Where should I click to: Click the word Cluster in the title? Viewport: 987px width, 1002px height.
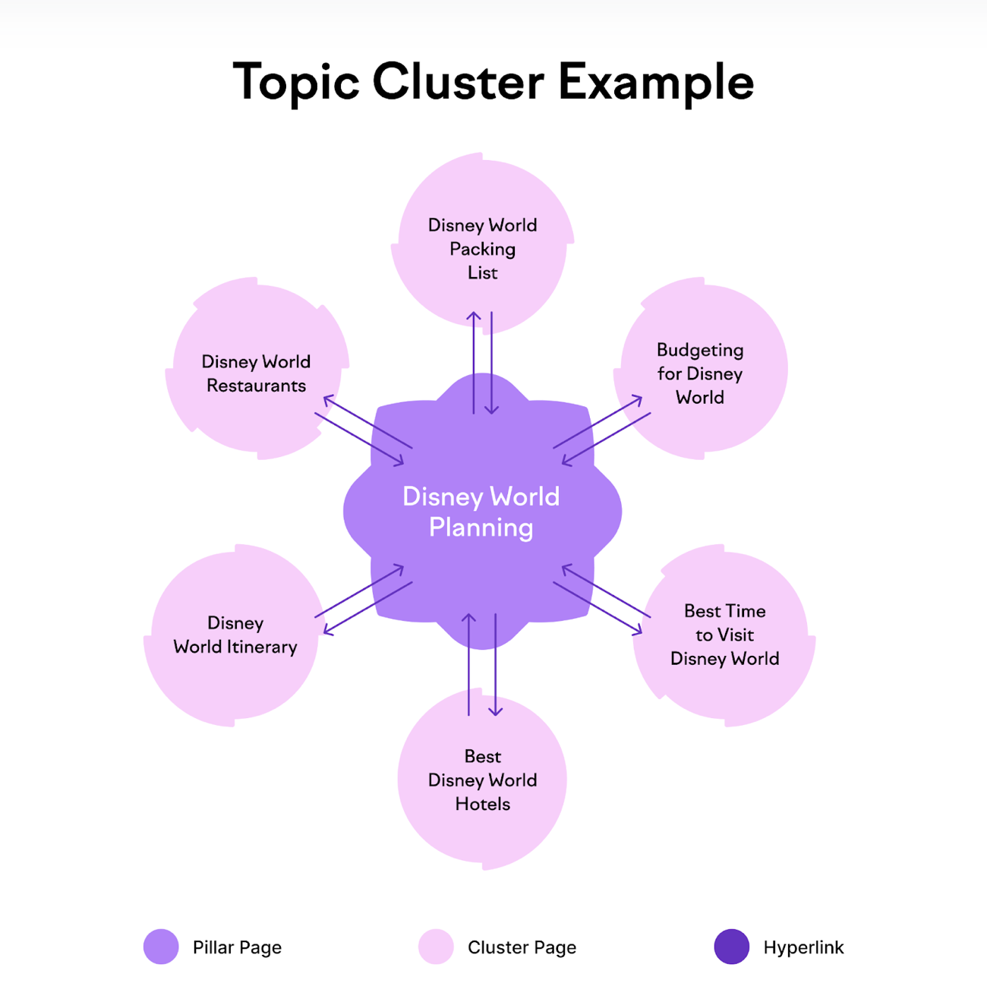click(x=459, y=82)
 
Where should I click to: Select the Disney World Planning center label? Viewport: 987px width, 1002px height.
click(x=481, y=512)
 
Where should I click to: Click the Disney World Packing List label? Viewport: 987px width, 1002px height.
click(x=482, y=249)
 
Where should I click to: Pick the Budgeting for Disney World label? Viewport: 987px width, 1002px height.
click(x=700, y=373)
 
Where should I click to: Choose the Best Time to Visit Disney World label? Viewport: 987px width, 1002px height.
click(x=725, y=635)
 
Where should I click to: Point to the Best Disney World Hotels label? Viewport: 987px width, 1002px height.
click(x=482, y=780)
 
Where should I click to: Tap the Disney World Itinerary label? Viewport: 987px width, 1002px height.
click(x=235, y=635)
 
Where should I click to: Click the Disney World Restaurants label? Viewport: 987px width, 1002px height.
click(x=256, y=373)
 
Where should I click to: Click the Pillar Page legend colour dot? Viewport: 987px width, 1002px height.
click(x=161, y=947)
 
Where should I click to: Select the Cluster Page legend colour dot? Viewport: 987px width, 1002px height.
click(x=436, y=947)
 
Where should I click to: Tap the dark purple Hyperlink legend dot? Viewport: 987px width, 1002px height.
click(x=732, y=947)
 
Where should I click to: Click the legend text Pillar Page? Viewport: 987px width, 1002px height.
click(x=237, y=947)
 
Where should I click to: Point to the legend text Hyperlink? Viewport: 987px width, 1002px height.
click(x=803, y=947)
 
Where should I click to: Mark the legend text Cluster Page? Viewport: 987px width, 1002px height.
click(x=522, y=947)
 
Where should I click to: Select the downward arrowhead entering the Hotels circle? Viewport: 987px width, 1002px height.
click(x=495, y=711)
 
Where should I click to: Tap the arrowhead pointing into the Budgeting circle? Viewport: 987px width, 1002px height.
click(x=637, y=400)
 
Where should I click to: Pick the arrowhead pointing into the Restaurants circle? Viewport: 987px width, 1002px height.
click(x=328, y=400)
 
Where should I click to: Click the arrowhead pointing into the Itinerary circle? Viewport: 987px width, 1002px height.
click(x=328, y=629)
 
